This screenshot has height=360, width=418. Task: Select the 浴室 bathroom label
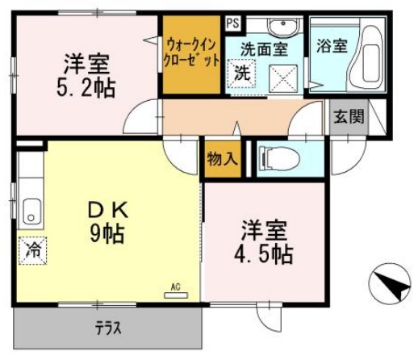point(332,44)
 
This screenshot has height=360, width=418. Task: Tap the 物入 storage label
point(222,157)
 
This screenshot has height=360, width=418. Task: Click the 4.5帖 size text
point(265,253)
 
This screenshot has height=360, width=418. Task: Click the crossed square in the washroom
point(283,74)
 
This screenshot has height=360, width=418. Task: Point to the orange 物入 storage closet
point(221,157)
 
